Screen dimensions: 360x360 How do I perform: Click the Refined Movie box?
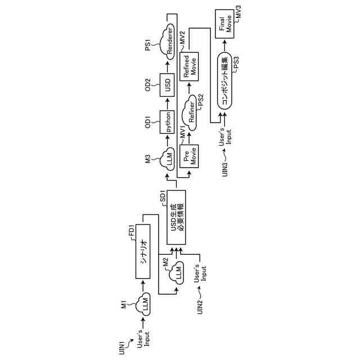coord(190,66)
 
